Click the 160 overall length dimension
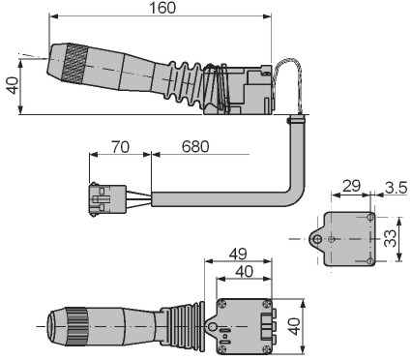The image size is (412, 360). (162, 8)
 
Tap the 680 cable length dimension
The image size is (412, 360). (195, 147)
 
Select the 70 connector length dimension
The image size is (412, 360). (120, 147)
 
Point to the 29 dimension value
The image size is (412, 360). (351, 186)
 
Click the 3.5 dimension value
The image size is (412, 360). (396, 188)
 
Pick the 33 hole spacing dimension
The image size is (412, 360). (390, 238)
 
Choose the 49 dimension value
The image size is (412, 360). (238, 254)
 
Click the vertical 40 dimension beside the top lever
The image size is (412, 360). (13, 85)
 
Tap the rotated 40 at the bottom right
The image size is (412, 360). (294, 326)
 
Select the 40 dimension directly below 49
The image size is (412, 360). (244, 272)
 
